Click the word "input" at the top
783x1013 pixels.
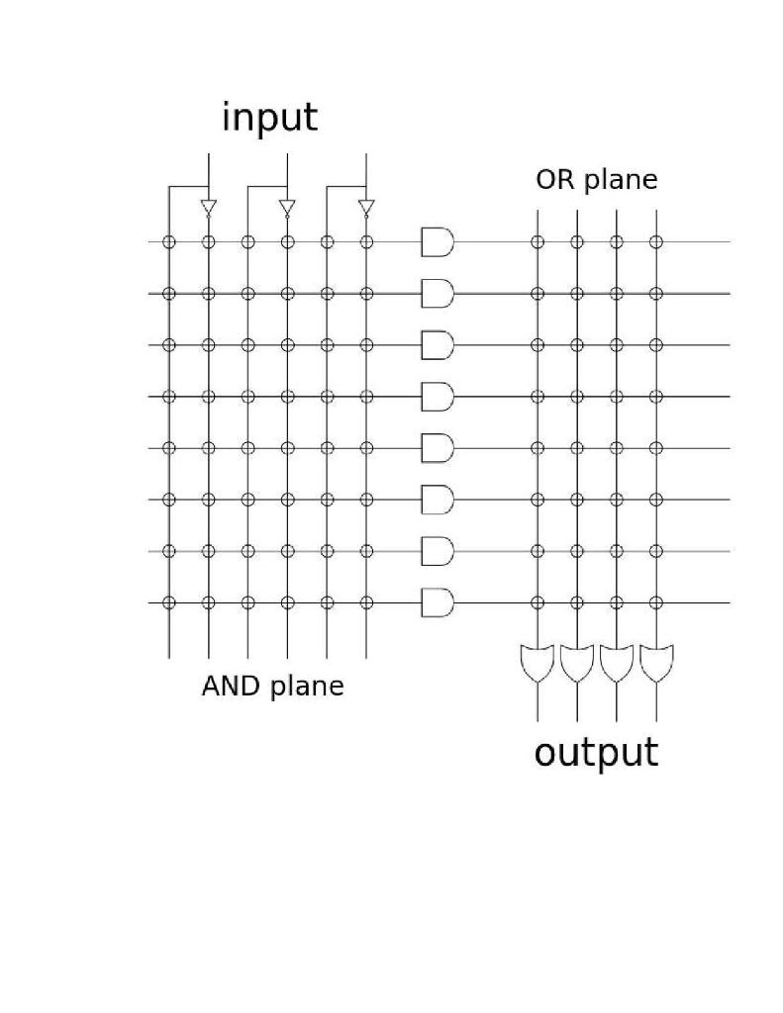coord(269,118)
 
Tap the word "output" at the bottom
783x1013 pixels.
coord(596,753)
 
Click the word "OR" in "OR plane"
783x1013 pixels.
coord(553,180)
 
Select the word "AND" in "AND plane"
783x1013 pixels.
coord(231,686)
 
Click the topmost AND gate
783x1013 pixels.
coord(438,241)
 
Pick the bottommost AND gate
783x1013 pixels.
coord(438,601)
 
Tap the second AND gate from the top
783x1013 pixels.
coord(438,293)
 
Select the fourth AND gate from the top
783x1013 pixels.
coord(438,396)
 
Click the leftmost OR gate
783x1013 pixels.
coord(537,663)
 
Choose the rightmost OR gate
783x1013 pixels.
coord(655,663)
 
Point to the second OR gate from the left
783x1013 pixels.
coord(576,663)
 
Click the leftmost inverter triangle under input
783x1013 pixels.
coord(208,207)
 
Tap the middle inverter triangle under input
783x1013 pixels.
coord(287,207)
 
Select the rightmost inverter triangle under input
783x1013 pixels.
coord(366,207)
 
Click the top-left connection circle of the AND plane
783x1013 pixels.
coord(168,241)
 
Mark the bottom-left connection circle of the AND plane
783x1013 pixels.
coord(168,601)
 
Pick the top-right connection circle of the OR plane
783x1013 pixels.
coord(655,241)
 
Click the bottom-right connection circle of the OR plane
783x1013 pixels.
coord(655,601)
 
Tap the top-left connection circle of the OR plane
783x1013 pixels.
coord(537,241)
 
